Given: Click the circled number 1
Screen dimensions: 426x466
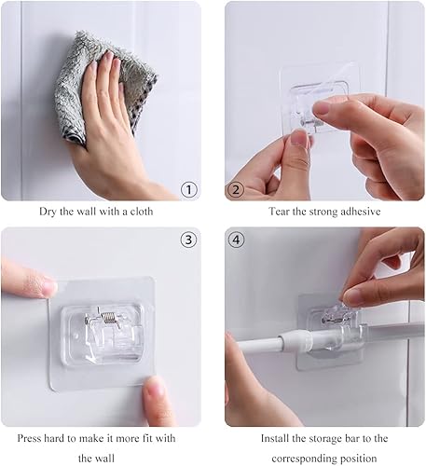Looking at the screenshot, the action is [x=189, y=189].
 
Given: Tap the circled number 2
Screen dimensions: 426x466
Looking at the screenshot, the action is [x=236, y=189].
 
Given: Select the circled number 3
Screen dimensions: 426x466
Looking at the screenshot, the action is [x=189, y=240].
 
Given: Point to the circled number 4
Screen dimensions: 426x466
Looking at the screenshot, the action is [x=236, y=240].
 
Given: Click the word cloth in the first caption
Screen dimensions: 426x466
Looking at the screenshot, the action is [x=142, y=212].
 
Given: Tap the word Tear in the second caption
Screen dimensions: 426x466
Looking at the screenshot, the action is [x=280, y=212].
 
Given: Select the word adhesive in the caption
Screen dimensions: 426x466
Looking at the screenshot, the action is [x=360, y=212].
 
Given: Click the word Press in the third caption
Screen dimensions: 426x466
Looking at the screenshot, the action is [x=29, y=438].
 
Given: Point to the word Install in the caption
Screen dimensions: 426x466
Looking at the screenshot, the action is [x=275, y=438].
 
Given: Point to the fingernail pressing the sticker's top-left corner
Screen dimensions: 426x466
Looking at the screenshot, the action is [x=50, y=287].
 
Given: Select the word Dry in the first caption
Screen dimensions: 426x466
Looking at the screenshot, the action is [x=48, y=212].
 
